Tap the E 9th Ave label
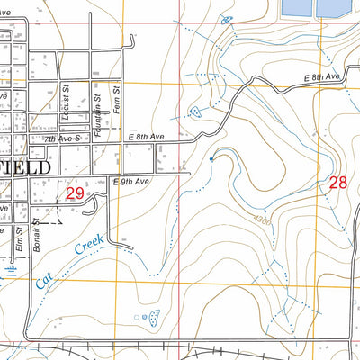[x=130, y=182]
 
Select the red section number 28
[x=337, y=182]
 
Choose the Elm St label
[x=19, y=241]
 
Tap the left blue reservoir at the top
[x=295, y=7]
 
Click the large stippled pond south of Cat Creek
[x=154, y=317]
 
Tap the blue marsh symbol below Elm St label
[x=11, y=267]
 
